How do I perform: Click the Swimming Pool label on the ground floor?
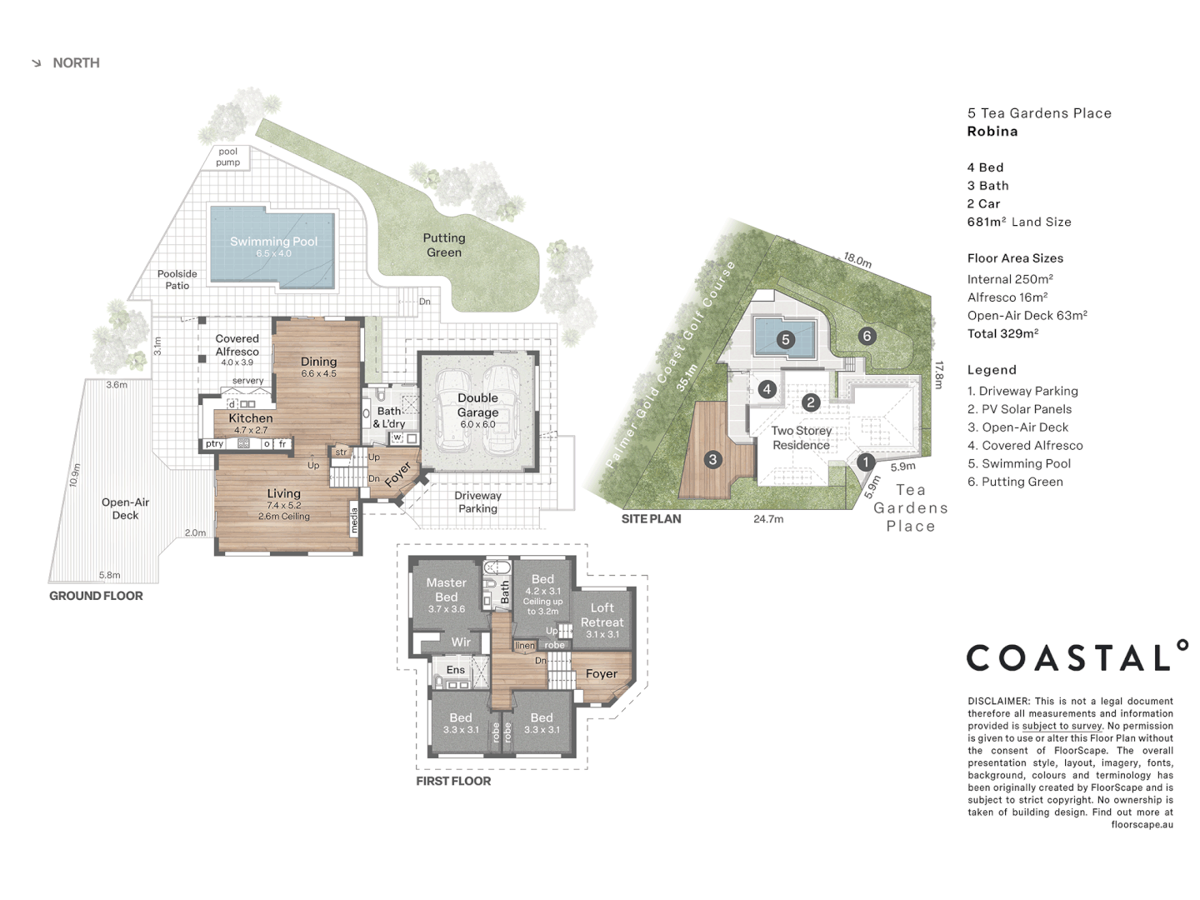point(273,242)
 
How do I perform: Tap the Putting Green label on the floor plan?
point(444,245)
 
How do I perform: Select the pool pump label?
point(227,157)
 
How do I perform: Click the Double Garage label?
point(477,405)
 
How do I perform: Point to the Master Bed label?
point(447,590)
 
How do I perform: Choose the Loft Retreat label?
point(602,615)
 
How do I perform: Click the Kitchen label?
point(251,418)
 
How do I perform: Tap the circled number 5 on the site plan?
point(785,339)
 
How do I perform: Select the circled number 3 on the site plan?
point(712,459)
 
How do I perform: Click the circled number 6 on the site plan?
point(867,336)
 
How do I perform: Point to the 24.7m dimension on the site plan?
point(768,519)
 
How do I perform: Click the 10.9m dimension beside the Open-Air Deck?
point(76,475)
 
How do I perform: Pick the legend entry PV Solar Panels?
point(1019,409)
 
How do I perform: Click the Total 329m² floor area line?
point(1002,333)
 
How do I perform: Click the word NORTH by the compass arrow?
point(76,63)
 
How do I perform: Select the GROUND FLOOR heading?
point(96,596)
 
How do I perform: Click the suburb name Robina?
point(992,132)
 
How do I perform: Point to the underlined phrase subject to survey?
point(1062,726)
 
